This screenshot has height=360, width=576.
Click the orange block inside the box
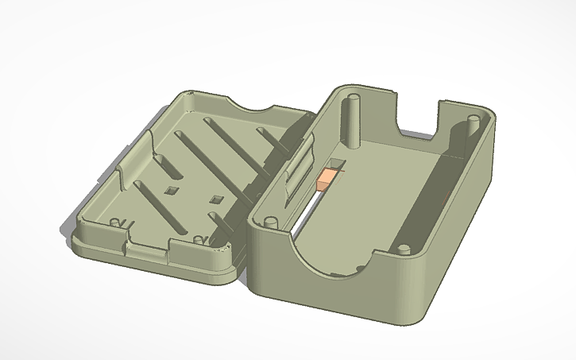[x=326, y=180]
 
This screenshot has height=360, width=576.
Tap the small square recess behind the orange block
[x=337, y=165]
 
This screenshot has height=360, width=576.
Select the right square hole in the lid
[x=213, y=199]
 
